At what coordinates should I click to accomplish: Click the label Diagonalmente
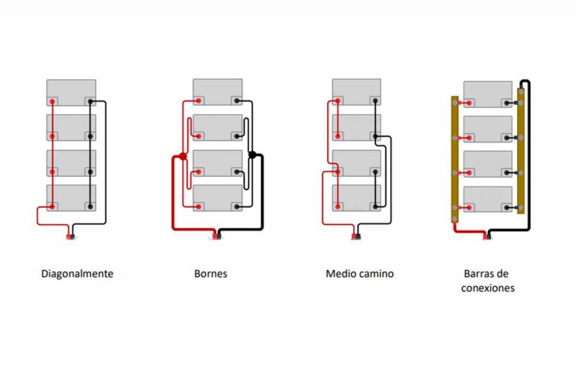click(77, 274)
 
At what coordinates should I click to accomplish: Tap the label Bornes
click(210, 274)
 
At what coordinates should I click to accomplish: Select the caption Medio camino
click(359, 274)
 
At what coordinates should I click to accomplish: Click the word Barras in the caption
click(478, 274)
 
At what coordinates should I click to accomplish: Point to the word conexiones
click(487, 288)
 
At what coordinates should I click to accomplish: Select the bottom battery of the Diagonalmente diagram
click(71, 198)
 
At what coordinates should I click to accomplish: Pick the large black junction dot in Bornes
click(252, 156)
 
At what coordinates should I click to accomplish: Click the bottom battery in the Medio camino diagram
click(356, 198)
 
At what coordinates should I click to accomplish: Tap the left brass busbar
click(454, 160)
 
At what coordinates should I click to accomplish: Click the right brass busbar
click(521, 149)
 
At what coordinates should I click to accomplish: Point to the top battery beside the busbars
click(488, 93)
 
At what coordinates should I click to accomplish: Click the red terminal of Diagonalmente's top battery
click(52, 102)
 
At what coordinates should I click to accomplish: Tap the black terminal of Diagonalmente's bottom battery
click(89, 207)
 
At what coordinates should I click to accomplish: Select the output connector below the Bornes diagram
click(217, 237)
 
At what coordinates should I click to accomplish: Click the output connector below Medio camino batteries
click(356, 237)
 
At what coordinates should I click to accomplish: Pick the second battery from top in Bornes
click(218, 127)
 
